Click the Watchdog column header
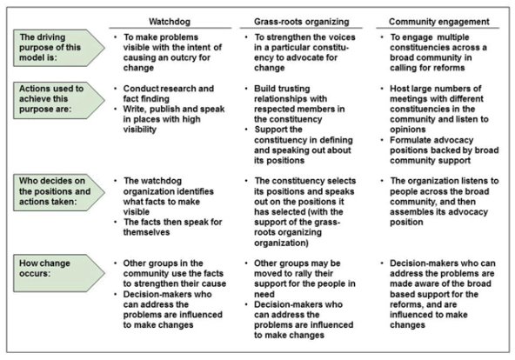[170, 22]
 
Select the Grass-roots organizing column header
[302, 22]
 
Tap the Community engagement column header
[439, 22]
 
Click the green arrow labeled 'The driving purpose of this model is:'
[59, 48]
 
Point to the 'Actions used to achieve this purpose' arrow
[59, 100]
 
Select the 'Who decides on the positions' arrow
[59, 192]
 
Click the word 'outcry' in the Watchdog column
[184, 57]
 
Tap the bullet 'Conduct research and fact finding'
[169, 94]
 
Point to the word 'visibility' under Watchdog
[139, 130]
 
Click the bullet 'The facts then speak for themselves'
[173, 227]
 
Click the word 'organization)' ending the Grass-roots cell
[281, 243]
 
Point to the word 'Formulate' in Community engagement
[411, 140]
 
